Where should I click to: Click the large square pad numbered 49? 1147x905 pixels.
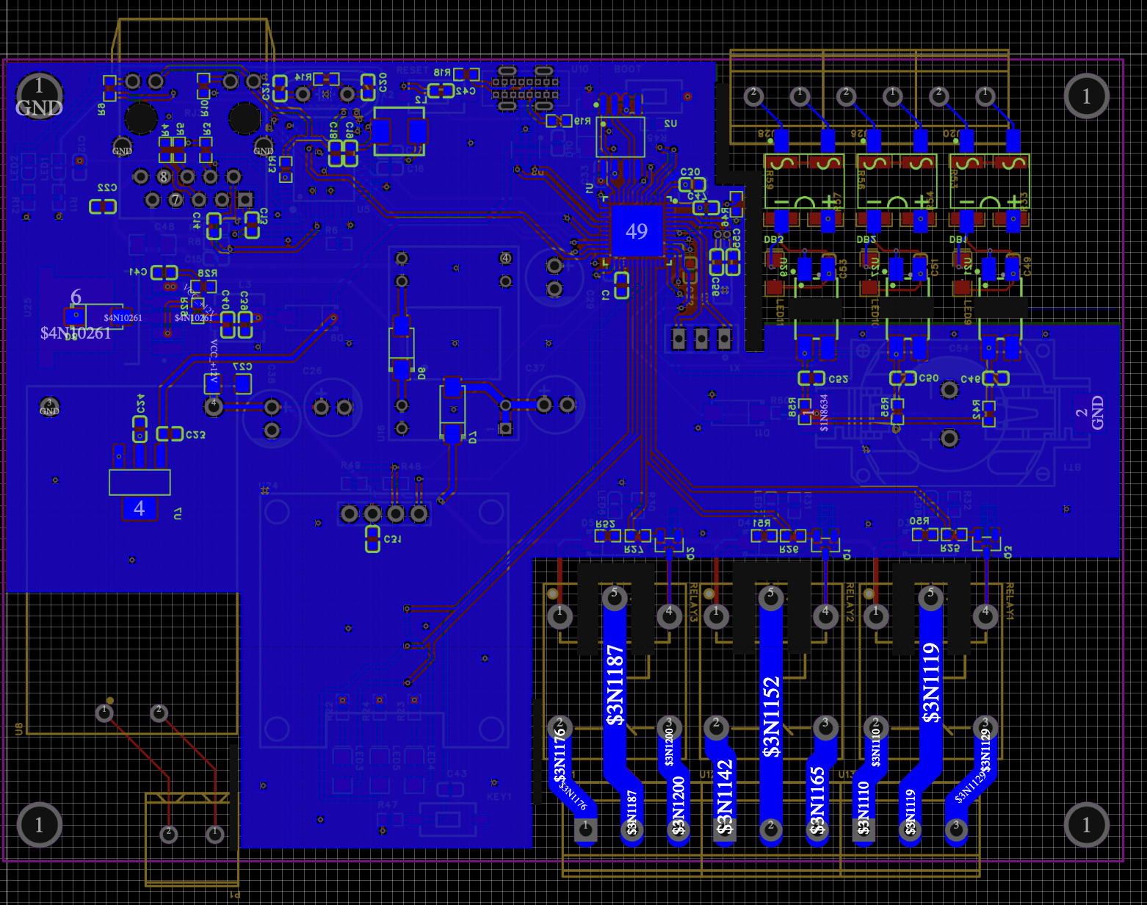[637, 231]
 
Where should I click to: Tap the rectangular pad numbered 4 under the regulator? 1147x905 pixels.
[140, 508]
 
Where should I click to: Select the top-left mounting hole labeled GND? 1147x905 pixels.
[39, 96]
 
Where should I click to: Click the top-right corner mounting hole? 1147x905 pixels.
[1086, 95]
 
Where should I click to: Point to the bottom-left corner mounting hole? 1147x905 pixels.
[39, 824]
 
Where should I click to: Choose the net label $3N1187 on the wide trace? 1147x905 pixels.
[615, 685]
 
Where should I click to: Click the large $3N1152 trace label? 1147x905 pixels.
[771, 716]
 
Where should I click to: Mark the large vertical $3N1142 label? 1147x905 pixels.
[725, 797]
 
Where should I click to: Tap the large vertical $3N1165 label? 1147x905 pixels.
[817, 801]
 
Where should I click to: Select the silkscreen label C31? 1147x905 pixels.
[393, 539]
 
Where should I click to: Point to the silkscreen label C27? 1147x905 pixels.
[242, 366]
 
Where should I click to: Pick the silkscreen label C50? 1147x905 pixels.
[929, 378]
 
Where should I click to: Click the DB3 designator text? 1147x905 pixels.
[773, 239]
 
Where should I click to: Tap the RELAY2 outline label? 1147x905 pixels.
[850, 602]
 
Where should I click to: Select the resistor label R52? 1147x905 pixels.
[606, 524]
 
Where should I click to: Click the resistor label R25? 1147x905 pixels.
[950, 548]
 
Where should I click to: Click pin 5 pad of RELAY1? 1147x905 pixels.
[930, 596]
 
